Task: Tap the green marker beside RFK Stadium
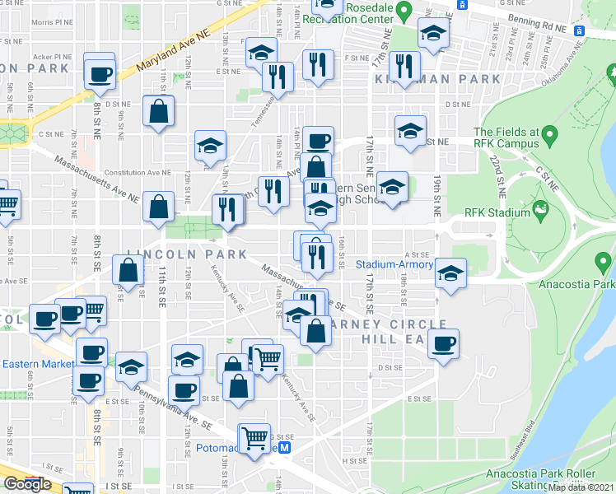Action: click(541, 212)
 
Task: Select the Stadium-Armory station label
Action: click(394, 265)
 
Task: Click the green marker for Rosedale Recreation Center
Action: click(404, 11)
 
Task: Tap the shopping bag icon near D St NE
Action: click(158, 113)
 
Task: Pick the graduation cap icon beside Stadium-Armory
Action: click(450, 274)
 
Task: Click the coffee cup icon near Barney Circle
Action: click(443, 344)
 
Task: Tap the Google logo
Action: click(27, 484)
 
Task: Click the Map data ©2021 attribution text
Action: click(582, 488)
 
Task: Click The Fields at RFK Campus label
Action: click(506, 137)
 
